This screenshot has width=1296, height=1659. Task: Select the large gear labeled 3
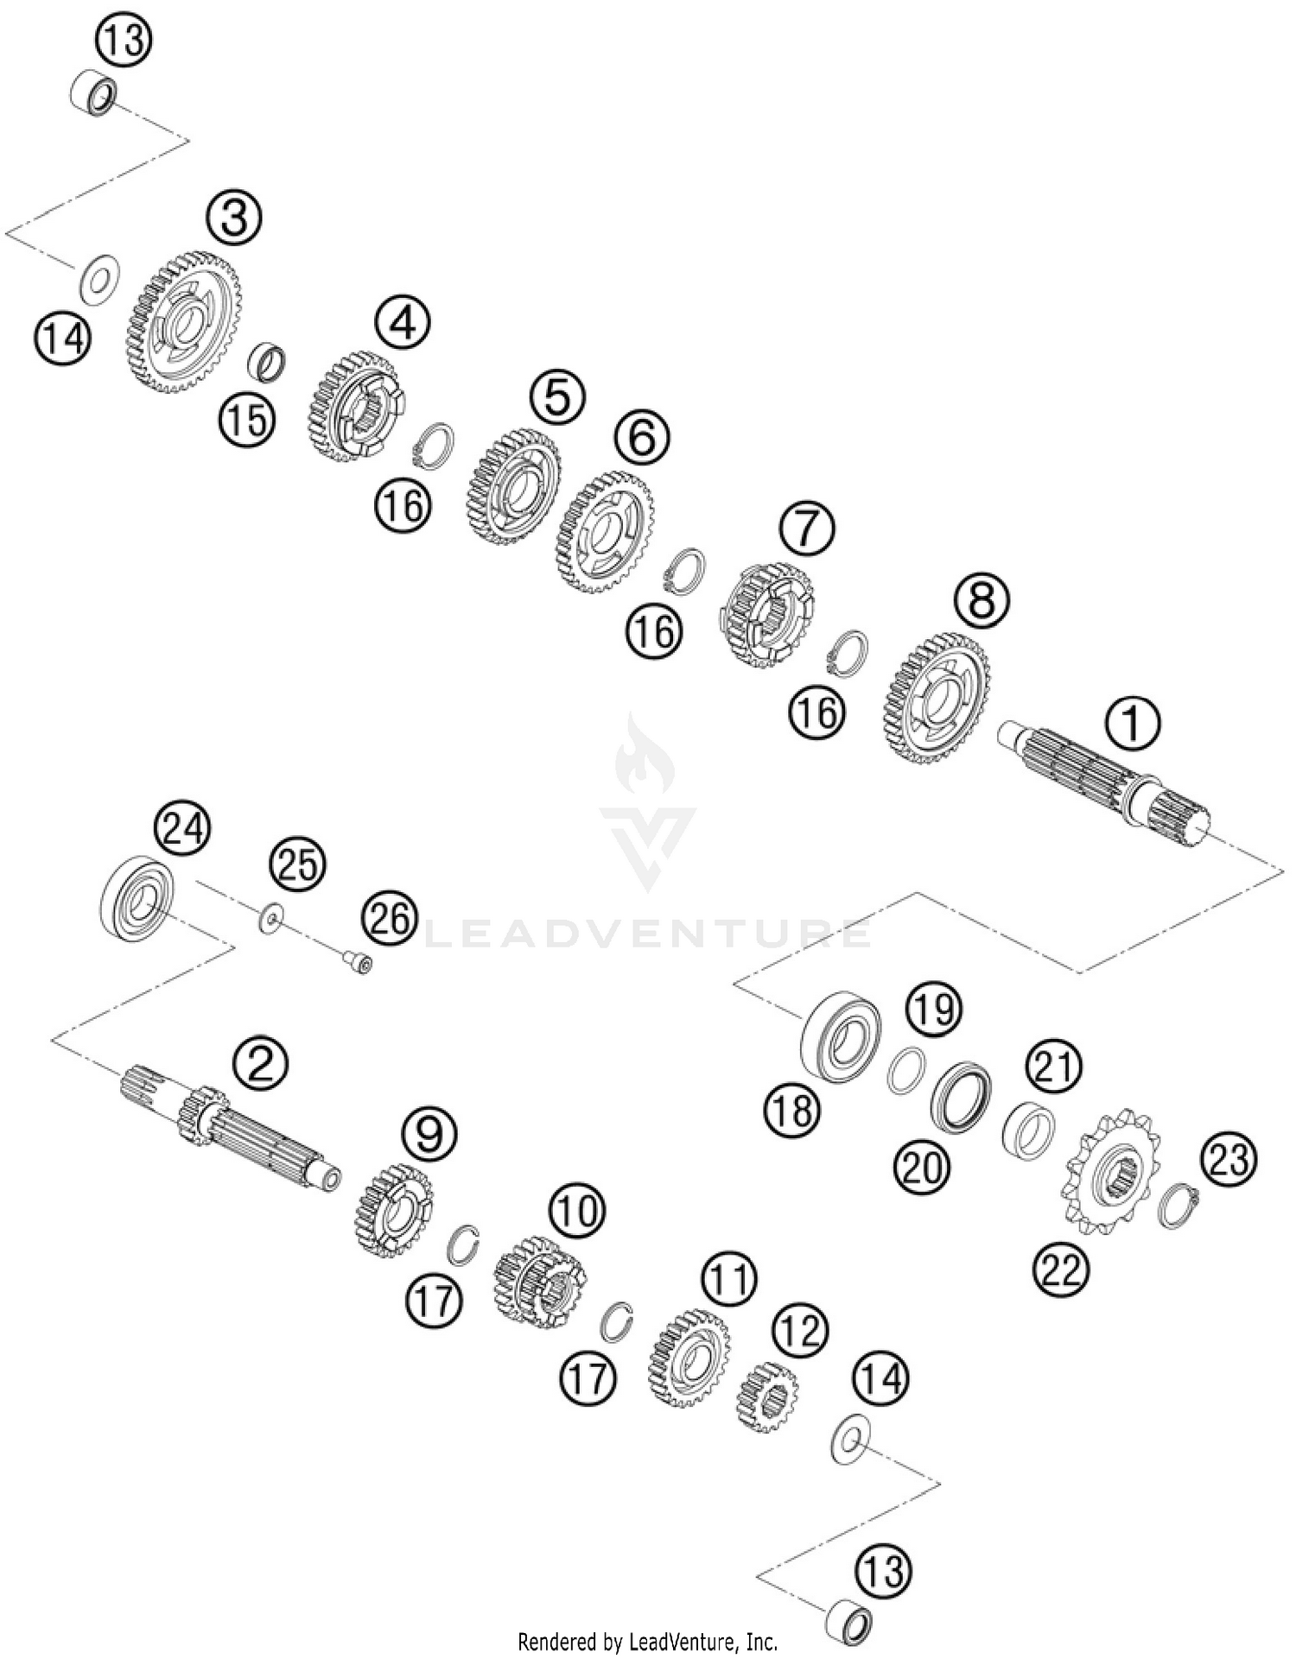coord(187,322)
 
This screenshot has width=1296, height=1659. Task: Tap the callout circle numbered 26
coord(390,919)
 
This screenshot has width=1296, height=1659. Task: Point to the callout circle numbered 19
coord(934,1009)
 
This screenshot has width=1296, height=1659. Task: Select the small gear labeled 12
coord(766,1395)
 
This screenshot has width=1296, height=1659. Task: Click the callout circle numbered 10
coord(576,1211)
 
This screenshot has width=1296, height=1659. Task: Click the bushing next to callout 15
coord(268,361)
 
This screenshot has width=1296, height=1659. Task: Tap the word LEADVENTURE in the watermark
coord(648,934)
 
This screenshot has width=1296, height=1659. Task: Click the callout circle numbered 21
coord(1054,1067)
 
